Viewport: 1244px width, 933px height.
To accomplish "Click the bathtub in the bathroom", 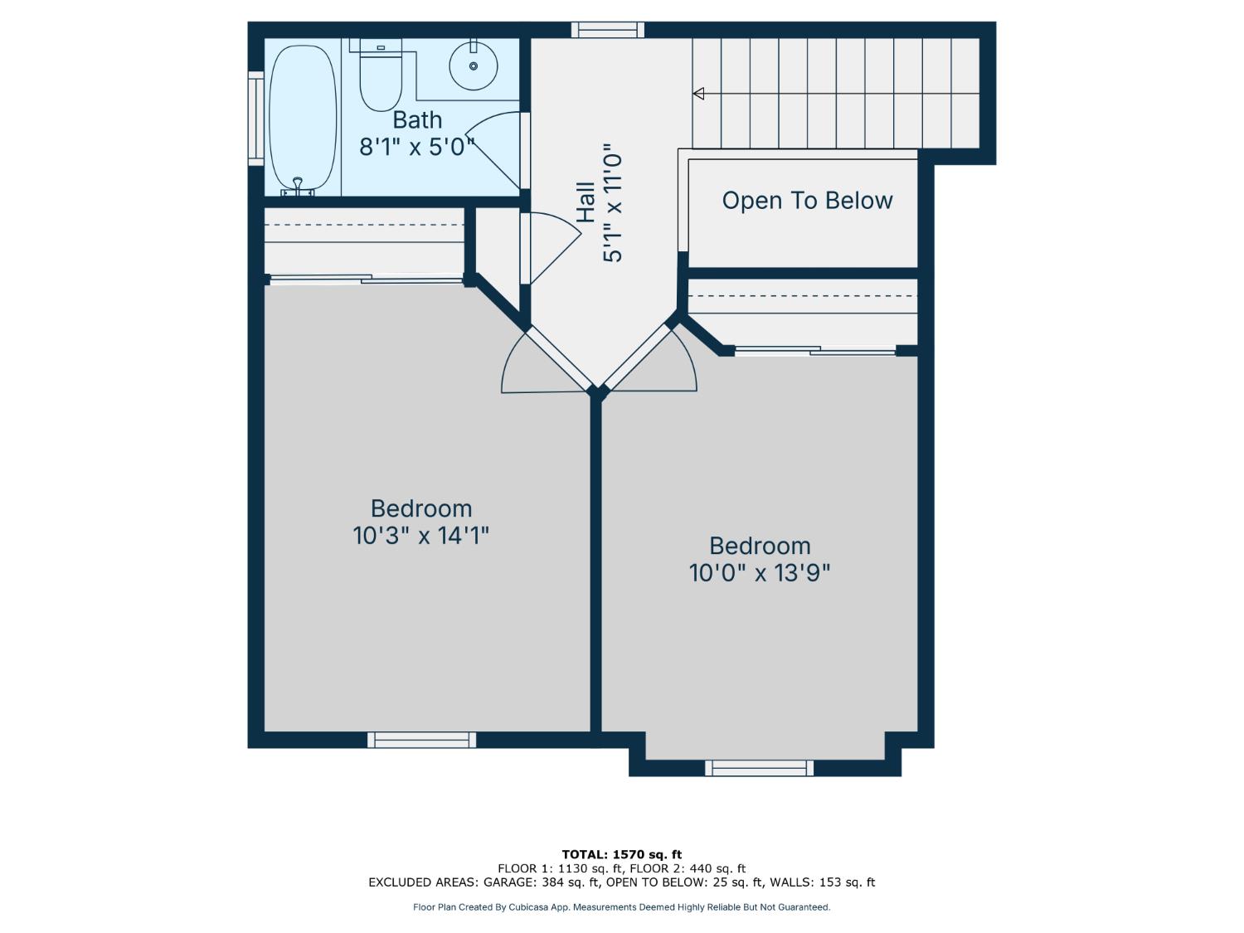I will [303, 116].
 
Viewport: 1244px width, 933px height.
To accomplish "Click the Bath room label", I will [417, 120].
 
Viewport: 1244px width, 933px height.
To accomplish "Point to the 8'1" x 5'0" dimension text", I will [417, 147].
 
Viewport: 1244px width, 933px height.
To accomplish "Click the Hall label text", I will [586, 202].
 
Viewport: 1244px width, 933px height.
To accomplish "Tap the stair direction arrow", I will [698, 94].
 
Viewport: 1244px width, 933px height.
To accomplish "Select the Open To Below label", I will [807, 201].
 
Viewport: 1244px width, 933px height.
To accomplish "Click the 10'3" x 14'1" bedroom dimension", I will [421, 536].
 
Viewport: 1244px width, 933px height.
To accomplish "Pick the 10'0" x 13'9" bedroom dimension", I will [760, 573].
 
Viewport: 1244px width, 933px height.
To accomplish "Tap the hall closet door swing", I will [552, 247].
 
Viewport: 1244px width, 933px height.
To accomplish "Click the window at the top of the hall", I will [608, 30].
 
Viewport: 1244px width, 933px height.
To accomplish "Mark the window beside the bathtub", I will [255, 119].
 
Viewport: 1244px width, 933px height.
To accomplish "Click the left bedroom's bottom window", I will [422, 740].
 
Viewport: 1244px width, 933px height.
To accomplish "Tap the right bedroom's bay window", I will [760, 768].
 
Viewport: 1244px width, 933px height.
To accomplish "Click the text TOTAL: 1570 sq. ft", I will [621, 854].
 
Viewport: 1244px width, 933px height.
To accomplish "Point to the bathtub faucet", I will [298, 186].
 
